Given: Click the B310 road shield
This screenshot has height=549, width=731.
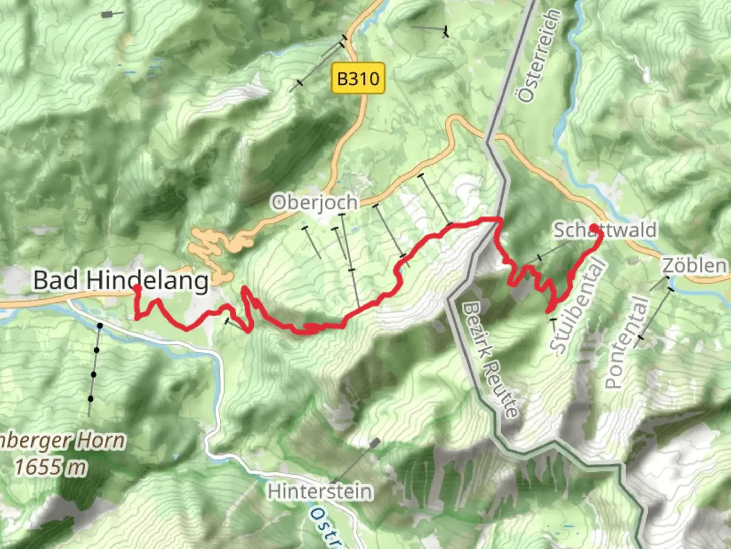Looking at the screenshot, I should pos(358,78).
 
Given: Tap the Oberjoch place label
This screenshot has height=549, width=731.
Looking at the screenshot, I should pos(315,203).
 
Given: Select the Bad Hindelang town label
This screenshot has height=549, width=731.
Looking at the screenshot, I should pos(121,280).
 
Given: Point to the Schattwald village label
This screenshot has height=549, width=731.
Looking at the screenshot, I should pos(605,230).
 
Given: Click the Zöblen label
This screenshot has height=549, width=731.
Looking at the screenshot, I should pos(693,265).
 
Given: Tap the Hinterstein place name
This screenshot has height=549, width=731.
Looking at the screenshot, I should pos(319,492).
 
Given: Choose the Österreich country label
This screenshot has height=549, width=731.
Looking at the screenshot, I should pos(539,56).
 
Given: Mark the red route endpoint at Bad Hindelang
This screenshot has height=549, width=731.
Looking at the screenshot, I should pos(137,288).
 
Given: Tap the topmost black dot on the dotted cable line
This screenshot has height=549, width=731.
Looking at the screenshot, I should pos(100,325).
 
